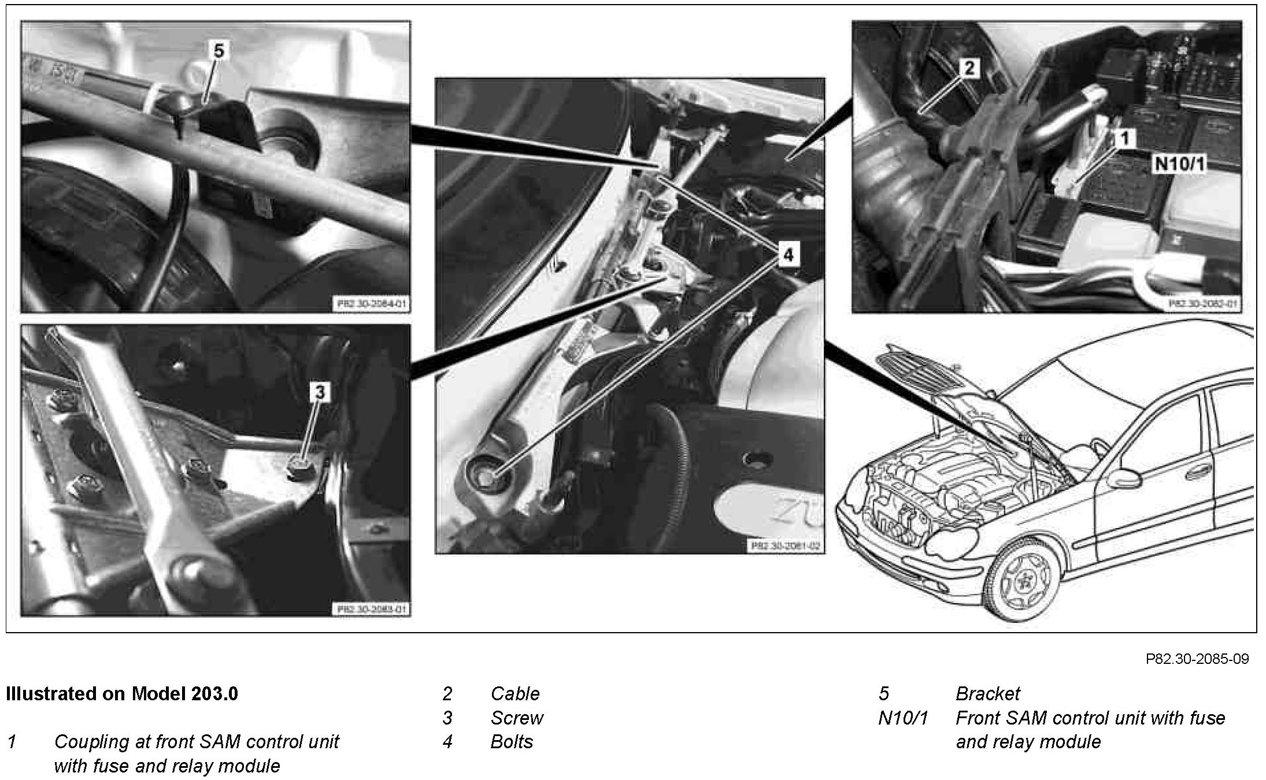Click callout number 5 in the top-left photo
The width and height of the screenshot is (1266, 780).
tap(218, 51)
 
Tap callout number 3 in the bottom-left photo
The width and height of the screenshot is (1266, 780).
tap(319, 393)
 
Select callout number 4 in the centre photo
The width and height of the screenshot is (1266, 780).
tap(789, 254)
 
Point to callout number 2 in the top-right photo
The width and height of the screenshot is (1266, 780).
tap(969, 68)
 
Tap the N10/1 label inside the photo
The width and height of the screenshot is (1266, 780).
tap(1180, 165)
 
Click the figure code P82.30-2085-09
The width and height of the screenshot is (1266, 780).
tap(1197, 659)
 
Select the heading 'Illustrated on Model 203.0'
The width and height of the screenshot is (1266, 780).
tap(122, 693)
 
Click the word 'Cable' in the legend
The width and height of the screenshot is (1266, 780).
tap(514, 693)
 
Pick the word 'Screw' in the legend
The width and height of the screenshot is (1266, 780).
tap(516, 718)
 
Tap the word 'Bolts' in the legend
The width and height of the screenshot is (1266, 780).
tap(511, 741)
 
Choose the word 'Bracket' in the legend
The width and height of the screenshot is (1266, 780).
tap(987, 693)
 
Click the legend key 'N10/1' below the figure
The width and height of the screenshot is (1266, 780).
tap(902, 718)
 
